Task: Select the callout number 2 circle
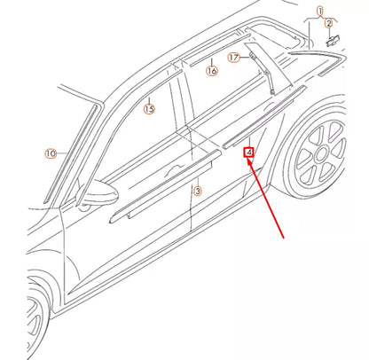coord(328,24)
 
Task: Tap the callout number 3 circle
coord(198,190)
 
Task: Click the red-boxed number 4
coord(250,152)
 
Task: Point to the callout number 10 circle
coord(51,153)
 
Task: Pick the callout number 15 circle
coord(148,109)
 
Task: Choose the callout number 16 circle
coord(211,70)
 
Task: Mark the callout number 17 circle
coord(233,59)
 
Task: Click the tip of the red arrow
coord(251,160)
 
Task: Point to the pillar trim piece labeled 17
coord(259,71)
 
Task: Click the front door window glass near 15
coord(133,142)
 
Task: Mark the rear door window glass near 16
coord(222,98)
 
